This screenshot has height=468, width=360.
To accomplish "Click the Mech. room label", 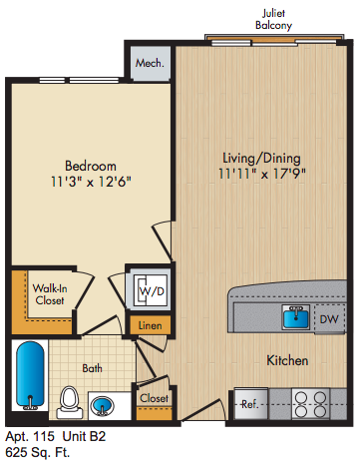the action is click(150, 63).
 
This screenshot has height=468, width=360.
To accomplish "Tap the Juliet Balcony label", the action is click(273, 19).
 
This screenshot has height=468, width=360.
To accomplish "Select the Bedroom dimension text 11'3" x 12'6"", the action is click(91, 182).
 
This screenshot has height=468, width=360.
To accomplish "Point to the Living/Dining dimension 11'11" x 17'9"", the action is click(262, 174).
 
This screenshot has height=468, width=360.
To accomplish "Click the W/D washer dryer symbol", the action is click(152, 290).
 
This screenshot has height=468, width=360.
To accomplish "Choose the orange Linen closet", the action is click(151, 325).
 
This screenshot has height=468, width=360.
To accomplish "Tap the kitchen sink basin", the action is click(296, 317).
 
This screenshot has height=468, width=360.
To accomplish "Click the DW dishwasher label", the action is click(329, 319).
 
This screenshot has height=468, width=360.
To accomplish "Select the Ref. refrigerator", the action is click(251, 403).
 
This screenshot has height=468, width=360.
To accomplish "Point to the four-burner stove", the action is click(310, 404).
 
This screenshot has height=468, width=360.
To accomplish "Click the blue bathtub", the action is click(30, 375).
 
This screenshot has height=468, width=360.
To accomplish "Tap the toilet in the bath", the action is click(70, 402).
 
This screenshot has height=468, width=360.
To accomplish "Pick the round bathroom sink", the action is click(103, 406).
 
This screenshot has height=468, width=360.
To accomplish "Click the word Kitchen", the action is click(287, 360).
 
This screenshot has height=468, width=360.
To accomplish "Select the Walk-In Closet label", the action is click(50, 294).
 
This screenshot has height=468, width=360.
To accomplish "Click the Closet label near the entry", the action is click(154, 398).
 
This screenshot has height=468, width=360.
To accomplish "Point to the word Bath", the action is click(92, 368).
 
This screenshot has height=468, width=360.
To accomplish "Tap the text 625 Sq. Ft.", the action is click(38, 452).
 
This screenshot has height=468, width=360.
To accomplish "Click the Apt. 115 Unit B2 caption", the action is click(56, 436).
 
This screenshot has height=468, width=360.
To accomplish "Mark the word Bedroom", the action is click(91, 166).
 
